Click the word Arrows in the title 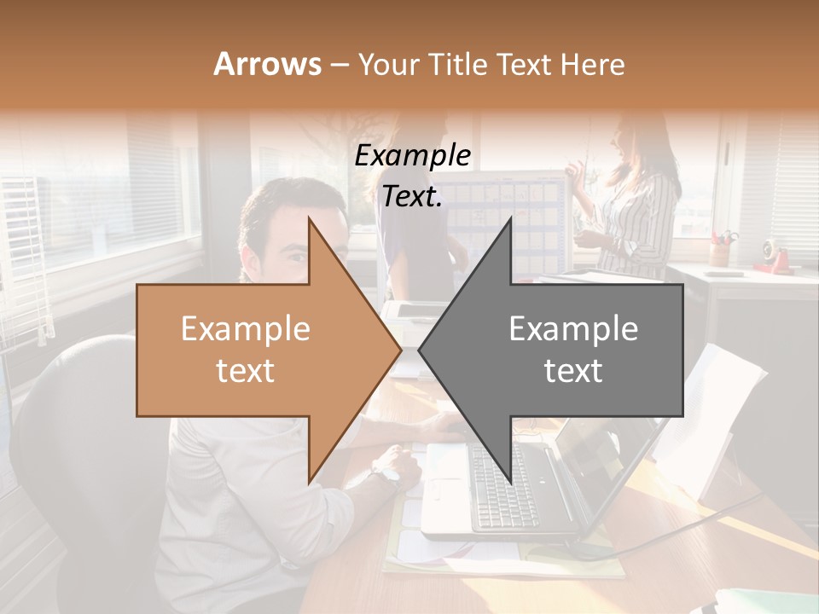[267, 64]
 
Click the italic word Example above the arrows [412, 156]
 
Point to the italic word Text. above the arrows [412, 197]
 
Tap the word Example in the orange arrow [246, 329]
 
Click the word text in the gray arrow [573, 370]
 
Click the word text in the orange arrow [246, 370]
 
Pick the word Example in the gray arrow [573, 329]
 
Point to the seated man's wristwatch [387, 472]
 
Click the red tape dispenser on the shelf [772, 256]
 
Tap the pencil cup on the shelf [722, 251]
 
